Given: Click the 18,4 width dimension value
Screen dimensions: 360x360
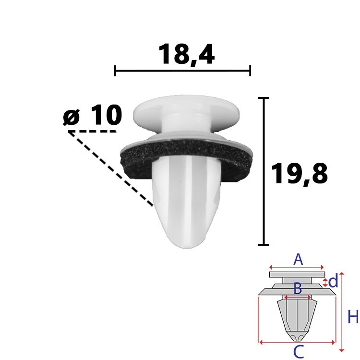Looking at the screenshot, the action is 186,54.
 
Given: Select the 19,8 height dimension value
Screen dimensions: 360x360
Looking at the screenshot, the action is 300,173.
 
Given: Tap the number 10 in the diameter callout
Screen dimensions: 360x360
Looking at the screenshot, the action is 106,115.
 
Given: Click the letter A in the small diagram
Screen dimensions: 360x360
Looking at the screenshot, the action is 298,259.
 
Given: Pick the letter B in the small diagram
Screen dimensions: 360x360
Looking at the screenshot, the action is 298,288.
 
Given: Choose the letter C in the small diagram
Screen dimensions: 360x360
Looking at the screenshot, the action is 299,351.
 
